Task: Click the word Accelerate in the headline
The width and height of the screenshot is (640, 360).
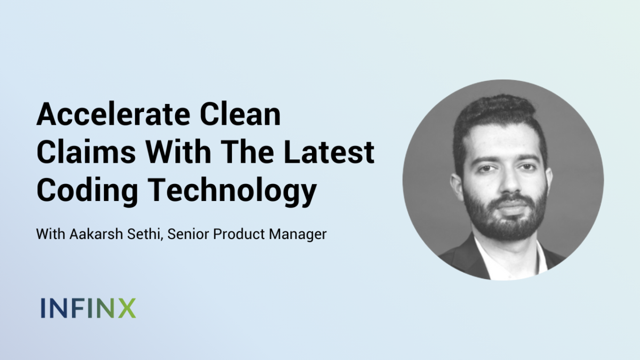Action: [114, 114]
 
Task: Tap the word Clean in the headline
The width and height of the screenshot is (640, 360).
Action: [241, 114]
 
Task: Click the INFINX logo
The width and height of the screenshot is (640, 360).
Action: [89, 308]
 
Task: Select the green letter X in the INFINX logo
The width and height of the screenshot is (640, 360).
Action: [126, 308]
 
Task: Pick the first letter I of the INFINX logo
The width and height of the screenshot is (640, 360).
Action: [43, 308]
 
